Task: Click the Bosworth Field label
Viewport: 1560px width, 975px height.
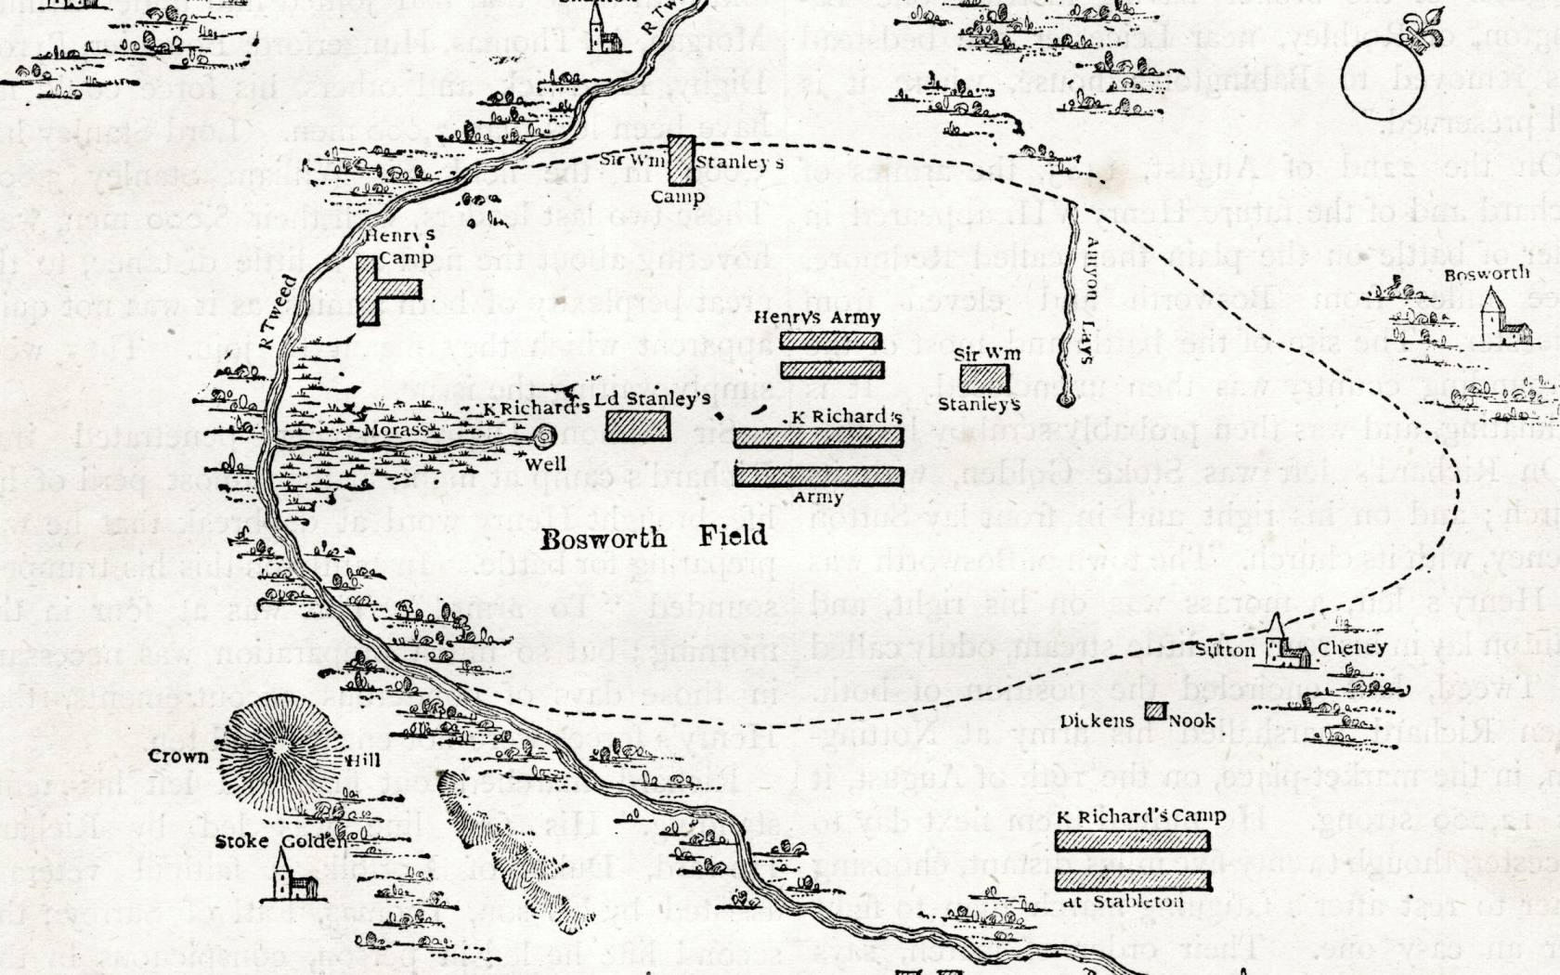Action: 655,537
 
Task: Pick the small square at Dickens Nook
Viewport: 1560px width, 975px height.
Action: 1155,711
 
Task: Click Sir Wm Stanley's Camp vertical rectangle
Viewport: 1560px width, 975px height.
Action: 682,162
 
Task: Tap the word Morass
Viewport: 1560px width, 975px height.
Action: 396,430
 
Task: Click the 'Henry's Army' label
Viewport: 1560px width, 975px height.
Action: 817,318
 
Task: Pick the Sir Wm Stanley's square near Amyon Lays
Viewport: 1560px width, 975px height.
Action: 984,378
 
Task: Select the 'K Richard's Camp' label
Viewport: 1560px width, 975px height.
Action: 1140,817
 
